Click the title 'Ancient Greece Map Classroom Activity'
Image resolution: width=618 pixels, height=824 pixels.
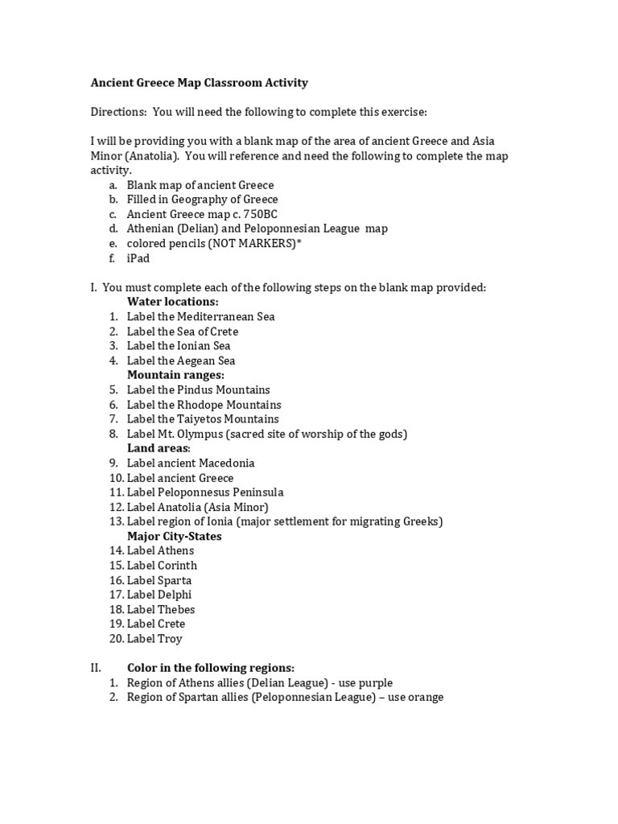coord(198,82)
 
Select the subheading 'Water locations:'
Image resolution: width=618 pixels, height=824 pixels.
coord(172,302)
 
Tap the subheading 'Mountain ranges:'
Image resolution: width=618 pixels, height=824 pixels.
coord(175,375)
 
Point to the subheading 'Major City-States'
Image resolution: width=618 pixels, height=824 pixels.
coord(175,536)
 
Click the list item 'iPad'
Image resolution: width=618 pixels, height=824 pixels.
coord(138,258)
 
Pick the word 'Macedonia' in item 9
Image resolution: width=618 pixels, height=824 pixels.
coord(228,463)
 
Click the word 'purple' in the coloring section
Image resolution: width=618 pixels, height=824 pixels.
coord(374,683)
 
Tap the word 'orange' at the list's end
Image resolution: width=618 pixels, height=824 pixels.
coord(426,698)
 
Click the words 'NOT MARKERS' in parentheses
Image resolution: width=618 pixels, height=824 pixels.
coord(251,243)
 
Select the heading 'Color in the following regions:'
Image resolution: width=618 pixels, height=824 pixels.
coord(211,668)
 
